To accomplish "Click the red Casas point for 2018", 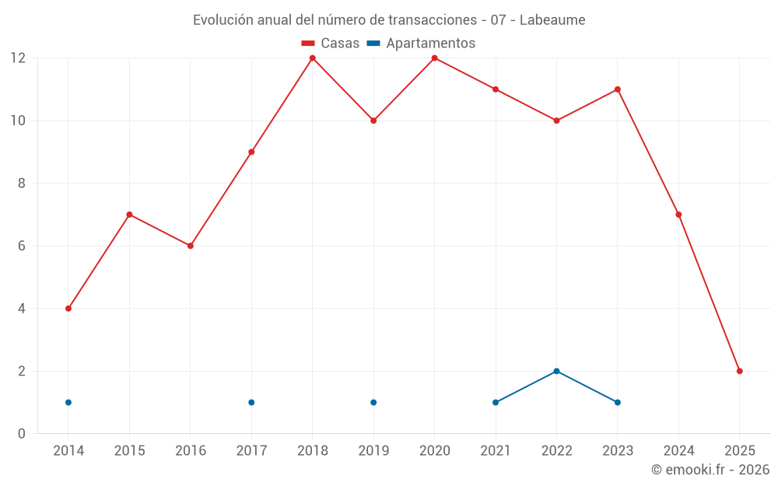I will click(x=312, y=58).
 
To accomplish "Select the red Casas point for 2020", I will click(x=434, y=58).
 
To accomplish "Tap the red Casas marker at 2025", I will click(x=739, y=371).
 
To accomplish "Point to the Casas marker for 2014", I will click(x=68, y=309).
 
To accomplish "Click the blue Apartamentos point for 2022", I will click(x=556, y=371).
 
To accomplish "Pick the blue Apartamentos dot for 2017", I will click(x=251, y=402).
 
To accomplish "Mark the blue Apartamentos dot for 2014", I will click(x=68, y=402).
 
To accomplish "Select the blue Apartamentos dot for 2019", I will click(x=373, y=402).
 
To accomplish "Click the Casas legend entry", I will click(x=331, y=44).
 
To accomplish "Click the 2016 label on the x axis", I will click(x=191, y=451).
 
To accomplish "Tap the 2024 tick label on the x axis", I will click(x=678, y=451).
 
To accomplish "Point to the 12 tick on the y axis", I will click(x=18, y=58).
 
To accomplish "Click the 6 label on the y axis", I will click(x=22, y=246).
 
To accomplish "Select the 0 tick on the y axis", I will click(x=22, y=433).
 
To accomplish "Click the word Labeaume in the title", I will click(x=552, y=19).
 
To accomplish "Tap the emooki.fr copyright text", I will click(x=710, y=470).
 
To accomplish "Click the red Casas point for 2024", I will click(x=678, y=215).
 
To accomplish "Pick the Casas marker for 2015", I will click(x=129, y=215).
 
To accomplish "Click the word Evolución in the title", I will click(x=222, y=19).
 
